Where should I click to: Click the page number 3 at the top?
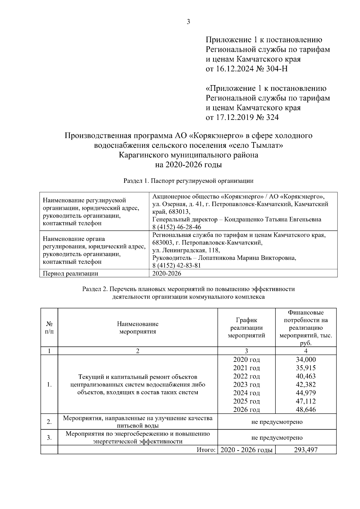click(188, 22)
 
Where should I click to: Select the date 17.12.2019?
click(235, 117)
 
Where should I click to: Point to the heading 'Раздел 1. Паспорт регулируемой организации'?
click(188, 181)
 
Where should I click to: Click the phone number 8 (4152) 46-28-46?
click(177, 227)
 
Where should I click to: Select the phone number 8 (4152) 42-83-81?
click(177, 266)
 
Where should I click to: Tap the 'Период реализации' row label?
click(70, 273)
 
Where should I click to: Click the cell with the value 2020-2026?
click(167, 273)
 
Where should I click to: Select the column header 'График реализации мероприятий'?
click(247, 328)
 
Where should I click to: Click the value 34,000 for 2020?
click(305, 360)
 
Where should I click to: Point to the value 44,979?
click(305, 393)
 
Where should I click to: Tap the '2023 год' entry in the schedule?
click(247, 385)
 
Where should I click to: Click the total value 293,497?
click(305, 450)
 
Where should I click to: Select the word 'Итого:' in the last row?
click(206, 450)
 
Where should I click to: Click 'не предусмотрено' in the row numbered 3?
click(277, 438)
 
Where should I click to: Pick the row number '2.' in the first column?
click(49, 422)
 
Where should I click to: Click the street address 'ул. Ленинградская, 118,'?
click(186, 250)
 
